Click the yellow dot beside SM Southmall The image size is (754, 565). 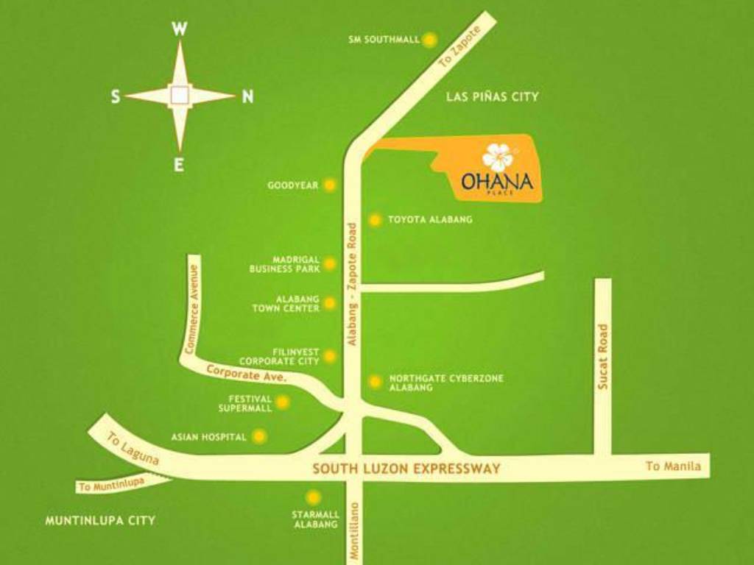click(x=429, y=40)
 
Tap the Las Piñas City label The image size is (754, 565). click(x=492, y=96)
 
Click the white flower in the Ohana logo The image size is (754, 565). click(x=498, y=157)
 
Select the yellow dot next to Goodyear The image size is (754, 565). click(x=330, y=185)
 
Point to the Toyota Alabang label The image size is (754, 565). click(x=430, y=219)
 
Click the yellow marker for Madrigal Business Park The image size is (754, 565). click(x=330, y=264)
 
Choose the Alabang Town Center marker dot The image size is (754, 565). click(x=330, y=303)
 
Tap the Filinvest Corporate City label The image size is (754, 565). click(x=279, y=357)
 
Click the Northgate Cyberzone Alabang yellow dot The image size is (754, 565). click(x=375, y=382)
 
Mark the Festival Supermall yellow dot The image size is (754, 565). click(x=283, y=402)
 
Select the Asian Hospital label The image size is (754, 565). click(x=208, y=437)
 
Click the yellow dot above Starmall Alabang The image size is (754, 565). click(x=314, y=497)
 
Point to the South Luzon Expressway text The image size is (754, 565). click(x=406, y=469)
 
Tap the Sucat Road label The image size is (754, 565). click(x=603, y=357)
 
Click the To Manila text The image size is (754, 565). click(x=674, y=466)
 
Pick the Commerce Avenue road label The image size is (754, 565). click(x=194, y=310)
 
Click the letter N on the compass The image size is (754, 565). click(x=247, y=96)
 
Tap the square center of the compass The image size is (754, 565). click(x=180, y=95)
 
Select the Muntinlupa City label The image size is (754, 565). click(x=100, y=520)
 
